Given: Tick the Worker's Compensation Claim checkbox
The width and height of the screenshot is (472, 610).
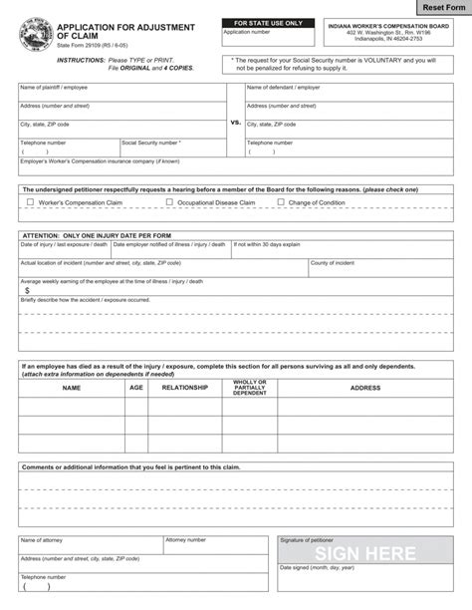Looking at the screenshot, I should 30,202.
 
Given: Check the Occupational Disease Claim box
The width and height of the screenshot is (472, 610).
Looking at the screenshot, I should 169,202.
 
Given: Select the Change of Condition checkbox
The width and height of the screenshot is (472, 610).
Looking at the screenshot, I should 281,202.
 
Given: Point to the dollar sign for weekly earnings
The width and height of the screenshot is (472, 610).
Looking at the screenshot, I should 27,290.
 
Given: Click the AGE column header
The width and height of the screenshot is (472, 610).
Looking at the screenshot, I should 135,387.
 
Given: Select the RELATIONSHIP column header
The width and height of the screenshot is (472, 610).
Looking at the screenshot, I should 185,387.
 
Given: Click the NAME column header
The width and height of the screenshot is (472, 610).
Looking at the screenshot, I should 71,387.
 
